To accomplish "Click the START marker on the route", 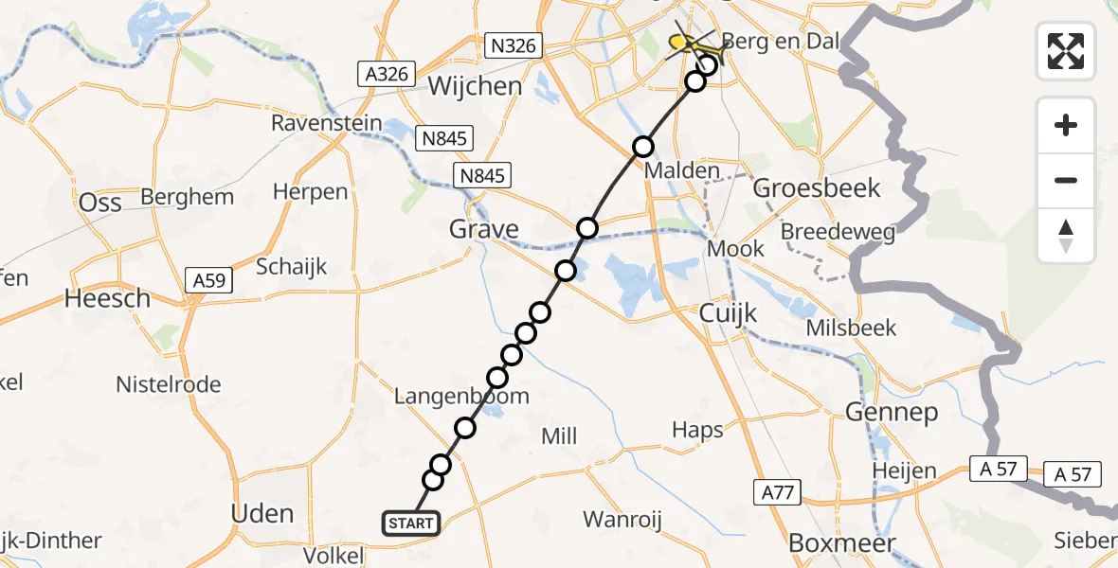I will coord(411,523).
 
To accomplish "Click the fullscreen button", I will coord(1066,50).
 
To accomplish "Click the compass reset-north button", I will coord(1066,236).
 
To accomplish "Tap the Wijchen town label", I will coord(475,86).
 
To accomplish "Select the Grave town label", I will coord(484,229).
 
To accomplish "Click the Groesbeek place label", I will coord(817,187).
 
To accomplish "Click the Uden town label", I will coord(262,514).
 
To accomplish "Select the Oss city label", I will coord(100,203).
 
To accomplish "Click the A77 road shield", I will coord(779,491).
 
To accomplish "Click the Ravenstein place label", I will coord(327,123).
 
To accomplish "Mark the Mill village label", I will coord(559,436).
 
